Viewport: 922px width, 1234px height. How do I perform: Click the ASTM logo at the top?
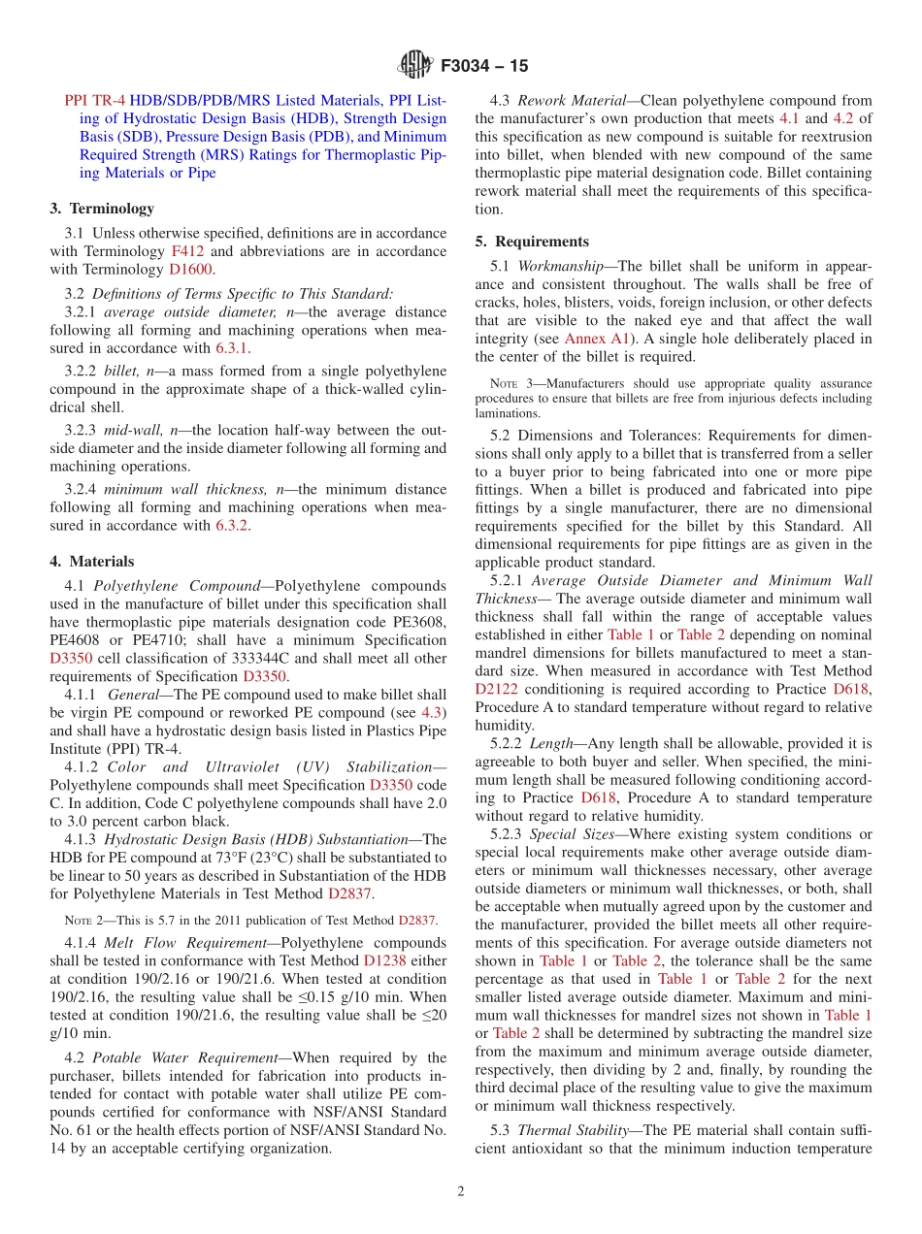[x=414, y=66]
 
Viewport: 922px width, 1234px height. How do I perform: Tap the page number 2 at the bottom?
[x=461, y=1192]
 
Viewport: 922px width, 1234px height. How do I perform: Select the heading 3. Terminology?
[x=101, y=209]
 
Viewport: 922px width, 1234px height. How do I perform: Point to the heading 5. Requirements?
[x=532, y=242]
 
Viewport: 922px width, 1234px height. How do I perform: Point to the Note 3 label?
[x=509, y=384]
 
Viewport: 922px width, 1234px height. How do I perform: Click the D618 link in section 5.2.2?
[x=598, y=797]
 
